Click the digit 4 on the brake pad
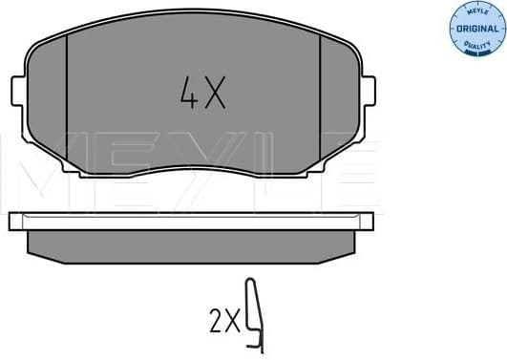(x=187, y=92)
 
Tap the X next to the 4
(x=215, y=92)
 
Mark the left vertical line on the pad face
(x=66, y=105)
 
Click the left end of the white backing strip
(x=13, y=222)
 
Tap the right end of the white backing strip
(x=369, y=222)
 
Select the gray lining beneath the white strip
(x=191, y=243)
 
